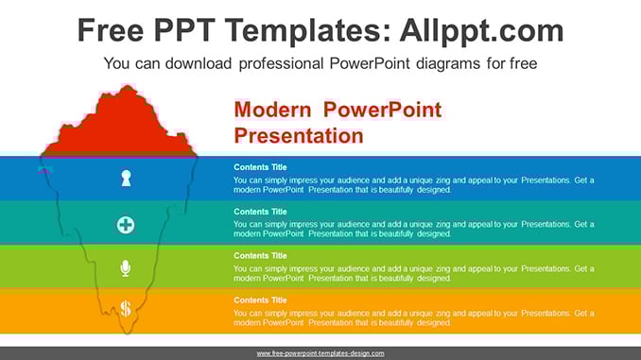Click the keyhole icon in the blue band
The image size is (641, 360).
click(126, 179)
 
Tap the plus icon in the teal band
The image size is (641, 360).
click(126, 225)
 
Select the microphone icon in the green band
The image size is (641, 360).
click(126, 268)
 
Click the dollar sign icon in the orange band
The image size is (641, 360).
click(126, 309)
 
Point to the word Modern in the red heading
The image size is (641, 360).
click(272, 110)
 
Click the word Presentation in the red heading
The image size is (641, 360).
click(299, 136)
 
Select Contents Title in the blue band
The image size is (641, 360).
click(260, 167)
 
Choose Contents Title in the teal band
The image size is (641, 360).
click(260, 212)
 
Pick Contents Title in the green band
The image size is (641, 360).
click(260, 256)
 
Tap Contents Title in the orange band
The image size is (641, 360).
click(260, 300)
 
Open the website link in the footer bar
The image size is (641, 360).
click(320, 353)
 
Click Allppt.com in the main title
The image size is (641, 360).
click(481, 30)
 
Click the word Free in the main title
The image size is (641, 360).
click(111, 30)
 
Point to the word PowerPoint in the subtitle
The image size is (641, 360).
click(369, 63)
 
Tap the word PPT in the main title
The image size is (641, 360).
click(184, 30)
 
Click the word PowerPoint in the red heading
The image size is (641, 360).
click(382, 110)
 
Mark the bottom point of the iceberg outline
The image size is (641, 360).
click(128, 334)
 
